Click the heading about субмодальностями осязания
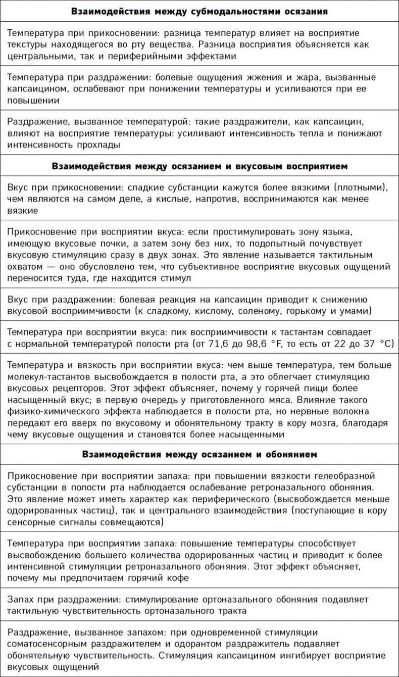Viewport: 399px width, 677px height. pyautogui.click(x=199, y=11)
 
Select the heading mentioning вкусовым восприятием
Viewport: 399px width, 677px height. pyautogui.click(x=199, y=166)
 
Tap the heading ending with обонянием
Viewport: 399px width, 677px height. pyautogui.click(x=199, y=454)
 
